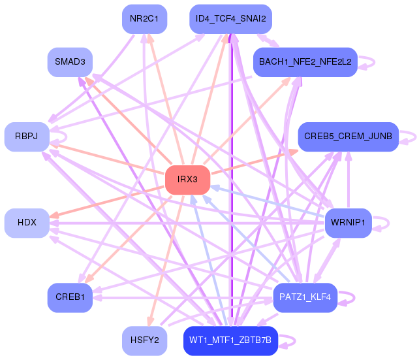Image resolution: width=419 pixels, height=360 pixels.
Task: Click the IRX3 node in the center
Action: point(187,180)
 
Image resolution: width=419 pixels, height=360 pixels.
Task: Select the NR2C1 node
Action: point(145,18)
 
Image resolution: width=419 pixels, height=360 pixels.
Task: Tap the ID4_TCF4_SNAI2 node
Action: point(230,18)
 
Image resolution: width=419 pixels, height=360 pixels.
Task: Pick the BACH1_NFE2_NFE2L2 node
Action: point(305,62)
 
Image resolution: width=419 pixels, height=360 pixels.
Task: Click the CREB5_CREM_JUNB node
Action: point(348,137)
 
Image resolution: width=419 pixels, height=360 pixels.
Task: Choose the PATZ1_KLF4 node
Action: point(305,297)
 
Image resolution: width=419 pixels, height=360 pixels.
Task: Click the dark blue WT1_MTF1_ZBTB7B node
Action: point(230,340)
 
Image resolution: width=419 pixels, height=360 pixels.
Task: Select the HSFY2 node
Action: point(145,340)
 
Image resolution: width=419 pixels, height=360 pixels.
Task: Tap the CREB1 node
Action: point(70,297)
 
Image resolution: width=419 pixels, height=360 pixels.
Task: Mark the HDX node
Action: point(27,223)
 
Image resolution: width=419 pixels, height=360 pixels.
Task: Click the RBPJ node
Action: point(27,137)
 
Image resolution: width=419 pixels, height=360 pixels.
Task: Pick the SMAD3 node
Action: point(70,62)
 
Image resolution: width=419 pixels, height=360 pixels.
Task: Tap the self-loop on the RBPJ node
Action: point(63,137)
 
